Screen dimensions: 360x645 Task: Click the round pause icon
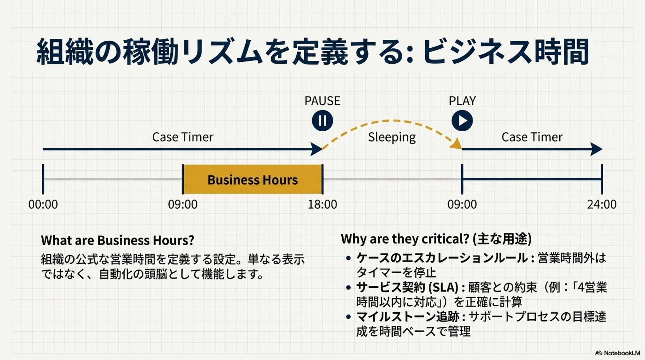pos(322,121)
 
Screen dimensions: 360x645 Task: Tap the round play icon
pos(462,121)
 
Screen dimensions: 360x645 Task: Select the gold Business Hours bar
pos(252,179)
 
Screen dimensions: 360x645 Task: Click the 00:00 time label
pos(43,204)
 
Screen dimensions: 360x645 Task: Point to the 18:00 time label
pos(322,204)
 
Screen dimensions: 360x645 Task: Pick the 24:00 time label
pos(601,204)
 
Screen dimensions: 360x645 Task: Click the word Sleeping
pos(392,137)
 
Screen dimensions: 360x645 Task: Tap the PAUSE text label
pos(322,101)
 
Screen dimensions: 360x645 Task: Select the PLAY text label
pos(462,101)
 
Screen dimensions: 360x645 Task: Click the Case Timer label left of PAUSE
pos(182,137)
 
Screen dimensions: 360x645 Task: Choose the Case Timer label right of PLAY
pos(532,137)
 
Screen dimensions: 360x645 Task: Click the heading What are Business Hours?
pos(118,240)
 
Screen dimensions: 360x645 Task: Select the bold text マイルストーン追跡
pos(407,317)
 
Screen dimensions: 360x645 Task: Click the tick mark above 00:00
pos(43,179)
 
